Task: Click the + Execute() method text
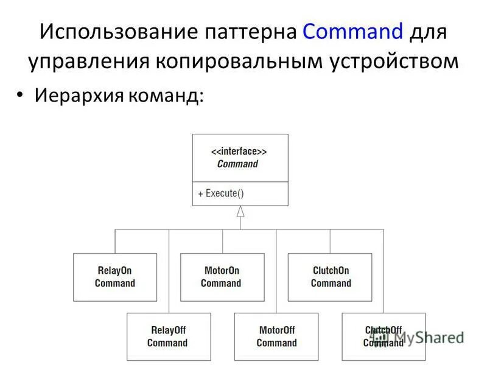point(220,193)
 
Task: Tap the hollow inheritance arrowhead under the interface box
point(240,212)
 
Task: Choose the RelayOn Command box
point(114,277)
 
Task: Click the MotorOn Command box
point(222,277)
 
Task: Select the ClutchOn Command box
point(329,277)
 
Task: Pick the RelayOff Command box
point(168,336)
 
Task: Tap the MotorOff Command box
point(276,336)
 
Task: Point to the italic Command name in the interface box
point(237,164)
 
